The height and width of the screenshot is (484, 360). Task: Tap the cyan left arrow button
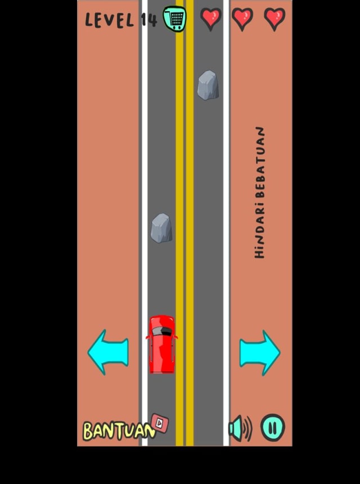[x=108, y=352]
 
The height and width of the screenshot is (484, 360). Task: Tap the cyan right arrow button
[x=260, y=353]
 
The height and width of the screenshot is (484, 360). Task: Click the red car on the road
[x=161, y=344]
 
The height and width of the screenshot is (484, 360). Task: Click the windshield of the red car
[x=162, y=331]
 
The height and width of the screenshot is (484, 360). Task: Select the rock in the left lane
[x=161, y=228]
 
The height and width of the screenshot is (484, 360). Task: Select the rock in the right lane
[x=208, y=85]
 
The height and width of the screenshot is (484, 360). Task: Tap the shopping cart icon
[x=174, y=19]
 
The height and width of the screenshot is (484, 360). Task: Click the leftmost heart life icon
[x=211, y=19]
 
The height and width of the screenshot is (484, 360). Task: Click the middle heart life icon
[x=242, y=19]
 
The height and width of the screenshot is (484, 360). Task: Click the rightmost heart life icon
[x=274, y=19]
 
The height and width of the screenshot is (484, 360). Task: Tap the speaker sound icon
[x=240, y=428]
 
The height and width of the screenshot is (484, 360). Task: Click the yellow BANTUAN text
[x=119, y=431]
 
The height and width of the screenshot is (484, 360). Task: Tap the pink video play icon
[x=160, y=423]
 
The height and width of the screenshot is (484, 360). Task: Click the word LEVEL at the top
[x=110, y=20]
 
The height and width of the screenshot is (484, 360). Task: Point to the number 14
[x=149, y=20]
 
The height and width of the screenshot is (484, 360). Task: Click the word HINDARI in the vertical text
[x=260, y=230]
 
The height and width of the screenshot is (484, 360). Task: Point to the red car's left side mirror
[x=147, y=337]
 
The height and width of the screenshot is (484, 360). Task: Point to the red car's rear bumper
[x=161, y=371]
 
